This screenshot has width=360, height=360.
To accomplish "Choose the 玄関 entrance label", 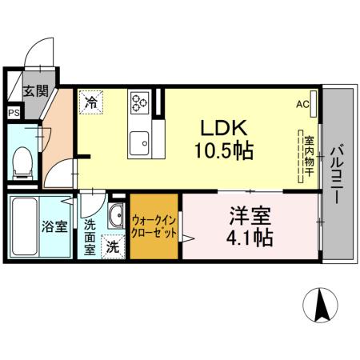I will pyautogui.click(x=34, y=90).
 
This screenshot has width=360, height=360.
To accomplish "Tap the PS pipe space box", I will pyautogui.click(x=14, y=113).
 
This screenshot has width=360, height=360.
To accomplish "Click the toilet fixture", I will pyautogui.click(x=24, y=160).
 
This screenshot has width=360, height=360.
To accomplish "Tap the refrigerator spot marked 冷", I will pyautogui.click(x=91, y=102).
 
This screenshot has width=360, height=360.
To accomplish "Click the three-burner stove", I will pyautogui.click(x=141, y=102).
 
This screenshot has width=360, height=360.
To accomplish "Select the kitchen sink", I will pyautogui.click(x=141, y=143).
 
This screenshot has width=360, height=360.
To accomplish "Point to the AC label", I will pyautogui.click(x=302, y=104).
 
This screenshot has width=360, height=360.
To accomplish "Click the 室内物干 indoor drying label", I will pyautogui.click(x=308, y=156).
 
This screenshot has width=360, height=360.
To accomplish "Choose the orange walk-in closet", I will pyautogui.click(x=154, y=227).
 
